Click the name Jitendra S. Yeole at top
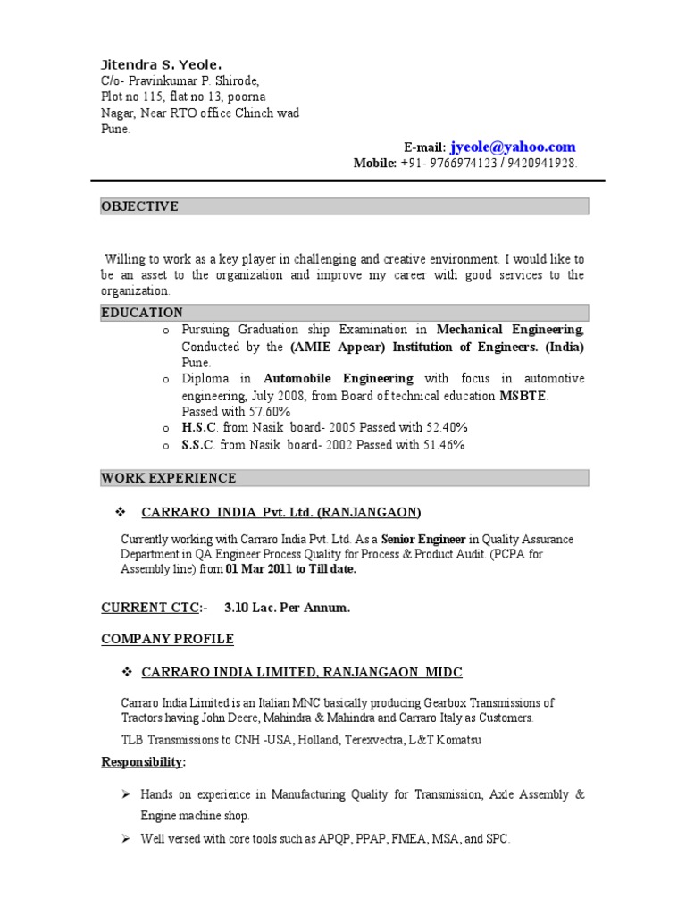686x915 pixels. tap(160, 65)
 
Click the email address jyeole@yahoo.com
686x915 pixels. tap(513, 147)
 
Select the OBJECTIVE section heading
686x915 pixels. tap(139, 206)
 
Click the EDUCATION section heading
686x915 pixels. tap(142, 313)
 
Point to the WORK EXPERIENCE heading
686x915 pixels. tap(169, 478)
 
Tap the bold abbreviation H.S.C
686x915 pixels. tap(199, 428)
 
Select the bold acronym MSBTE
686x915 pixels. tap(523, 396)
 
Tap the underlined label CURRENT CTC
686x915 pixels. tap(151, 609)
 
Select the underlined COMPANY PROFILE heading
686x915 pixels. tap(167, 639)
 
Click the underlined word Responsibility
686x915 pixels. tap(143, 762)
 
